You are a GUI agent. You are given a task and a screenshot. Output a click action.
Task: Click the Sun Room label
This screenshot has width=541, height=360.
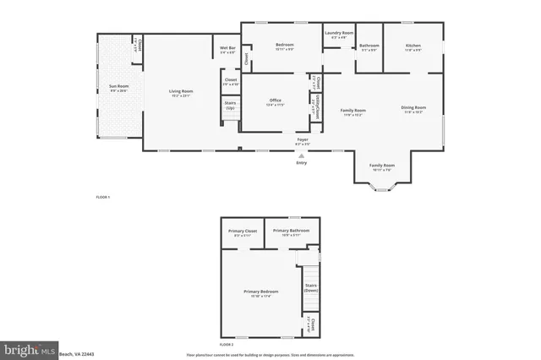(117, 87)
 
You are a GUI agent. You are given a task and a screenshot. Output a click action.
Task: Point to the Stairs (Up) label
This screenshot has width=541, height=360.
(230, 105)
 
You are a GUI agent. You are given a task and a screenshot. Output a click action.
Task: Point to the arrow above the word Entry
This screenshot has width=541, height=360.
(302, 155)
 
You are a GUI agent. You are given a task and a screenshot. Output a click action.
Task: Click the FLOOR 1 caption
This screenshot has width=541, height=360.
(102, 197)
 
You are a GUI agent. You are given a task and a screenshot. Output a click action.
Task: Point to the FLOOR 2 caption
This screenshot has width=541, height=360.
(227, 345)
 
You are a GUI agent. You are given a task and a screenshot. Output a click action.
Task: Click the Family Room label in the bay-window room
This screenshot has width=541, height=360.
(383, 165)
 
